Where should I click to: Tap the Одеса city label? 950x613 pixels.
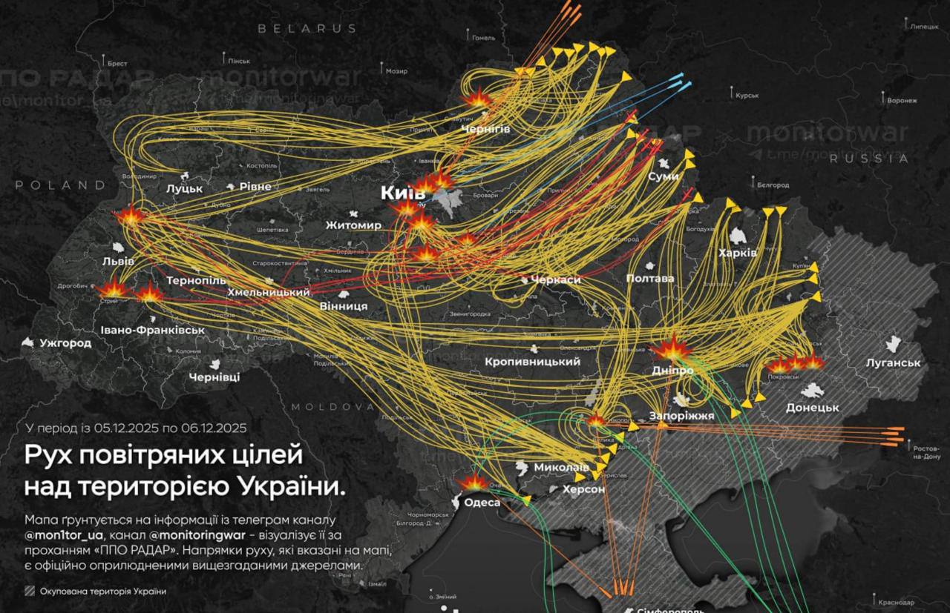pyautogui.click(x=482, y=502)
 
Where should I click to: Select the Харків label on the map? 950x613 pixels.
pyautogui.click(x=737, y=253)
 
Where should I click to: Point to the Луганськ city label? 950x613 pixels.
pyautogui.click(x=893, y=362)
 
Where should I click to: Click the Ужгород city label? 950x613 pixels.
pyautogui.click(x=65, y=343)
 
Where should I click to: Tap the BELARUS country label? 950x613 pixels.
pyautogui.click(x=307, y=28)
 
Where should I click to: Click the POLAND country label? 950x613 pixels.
pyautogui.click(x=60, y=185)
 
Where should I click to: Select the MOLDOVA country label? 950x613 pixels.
pyautogui.click(x=332, y=407)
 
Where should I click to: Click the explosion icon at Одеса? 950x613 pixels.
pyautogui.click(x=472, y=482)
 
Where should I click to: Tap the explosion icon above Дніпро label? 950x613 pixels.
pyautogui.click(x=672, y=348)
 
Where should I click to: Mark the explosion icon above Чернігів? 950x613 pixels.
pyautogui.click(x=477, y=98)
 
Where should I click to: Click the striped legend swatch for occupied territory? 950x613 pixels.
pyautogui.click(x=30, y=591)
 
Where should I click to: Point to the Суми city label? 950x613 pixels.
pyautogui.click(x=663, y=177)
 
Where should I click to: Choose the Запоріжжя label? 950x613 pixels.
pyautogui.click(x=681, y=416)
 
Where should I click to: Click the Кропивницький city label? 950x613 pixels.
pyautogui.click(x=531, y=362)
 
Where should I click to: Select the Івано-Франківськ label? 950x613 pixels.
pyautogui.click(x=152, y=329)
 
